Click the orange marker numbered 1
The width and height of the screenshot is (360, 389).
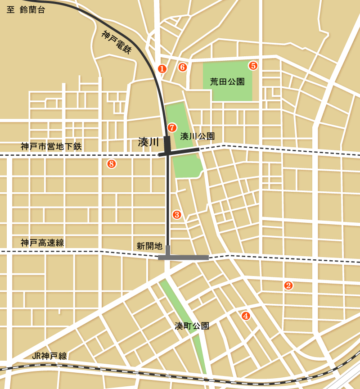[x=162, y=68]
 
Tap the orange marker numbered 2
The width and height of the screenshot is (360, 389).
[x=288, y=285]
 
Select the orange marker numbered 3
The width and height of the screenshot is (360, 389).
[x=177, y=215]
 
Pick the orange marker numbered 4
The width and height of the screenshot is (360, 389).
[x=245, y=316]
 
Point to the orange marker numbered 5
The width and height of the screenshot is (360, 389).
[x=253, y=66]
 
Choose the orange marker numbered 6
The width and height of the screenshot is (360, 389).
[x=182, y=67]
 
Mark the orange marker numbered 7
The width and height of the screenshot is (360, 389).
[x=171, y=127]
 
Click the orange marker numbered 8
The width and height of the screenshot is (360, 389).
[x=112, y=164]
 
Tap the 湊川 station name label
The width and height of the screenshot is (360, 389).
[x=148, y=142]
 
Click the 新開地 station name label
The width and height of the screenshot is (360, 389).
[x=149, y=246]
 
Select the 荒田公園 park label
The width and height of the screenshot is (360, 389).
[x=227, y=81]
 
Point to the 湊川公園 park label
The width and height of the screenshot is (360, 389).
[x=197, y=136]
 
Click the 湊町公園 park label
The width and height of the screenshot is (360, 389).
[x=192, y=326]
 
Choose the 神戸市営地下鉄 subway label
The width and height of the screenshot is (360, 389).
[x=51, y=146]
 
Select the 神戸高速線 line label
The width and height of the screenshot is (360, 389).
[x=42, y=243]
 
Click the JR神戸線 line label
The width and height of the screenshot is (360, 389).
[x=49, y=356]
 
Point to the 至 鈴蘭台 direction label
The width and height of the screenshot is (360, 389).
[x=26, y=10]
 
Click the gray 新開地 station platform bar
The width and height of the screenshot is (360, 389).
[x=183, y=258]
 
